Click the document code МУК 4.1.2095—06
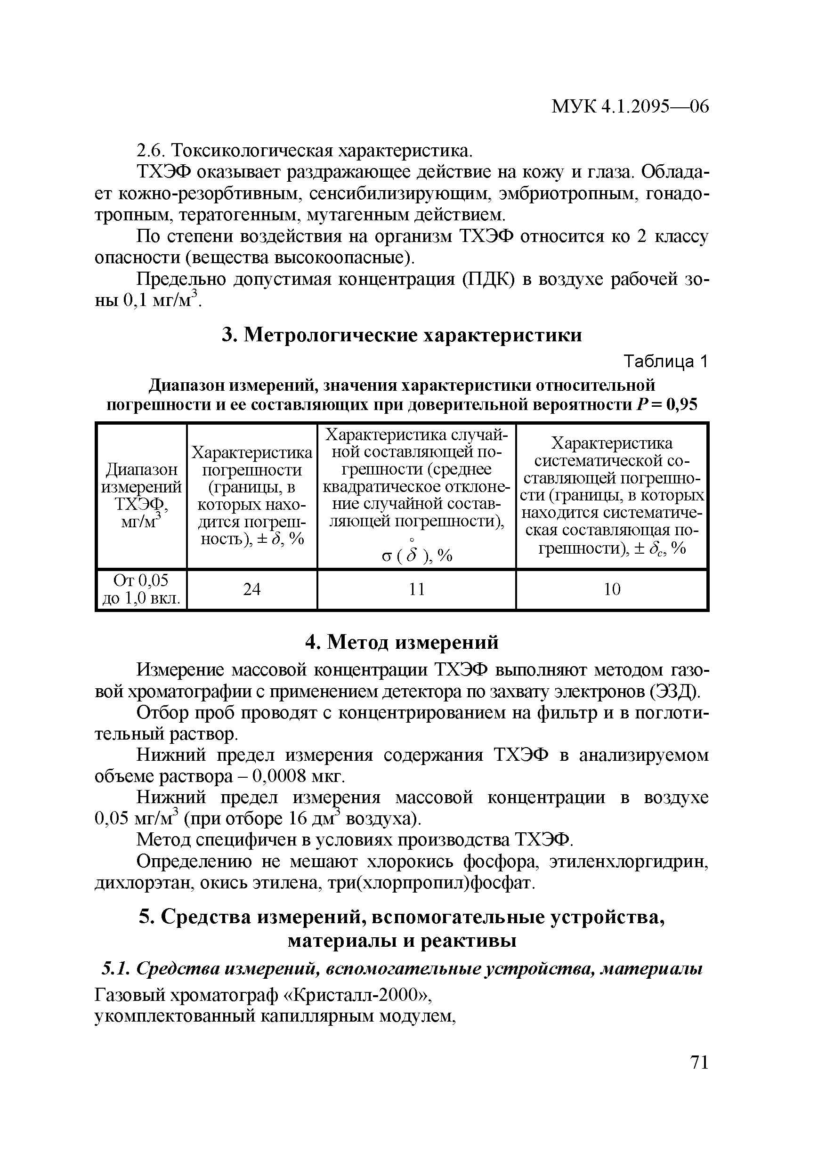coord(630,107)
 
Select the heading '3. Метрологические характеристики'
coord(402,335)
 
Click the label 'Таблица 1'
coord(666,362)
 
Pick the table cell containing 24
coord(252,589)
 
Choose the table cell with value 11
coord(416,589)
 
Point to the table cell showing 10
coord(612,589)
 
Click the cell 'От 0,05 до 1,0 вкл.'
coord(141,589)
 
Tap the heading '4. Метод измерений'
coord(402,643)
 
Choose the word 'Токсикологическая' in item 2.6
coord(252,151)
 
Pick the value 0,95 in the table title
coord(682,404)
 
